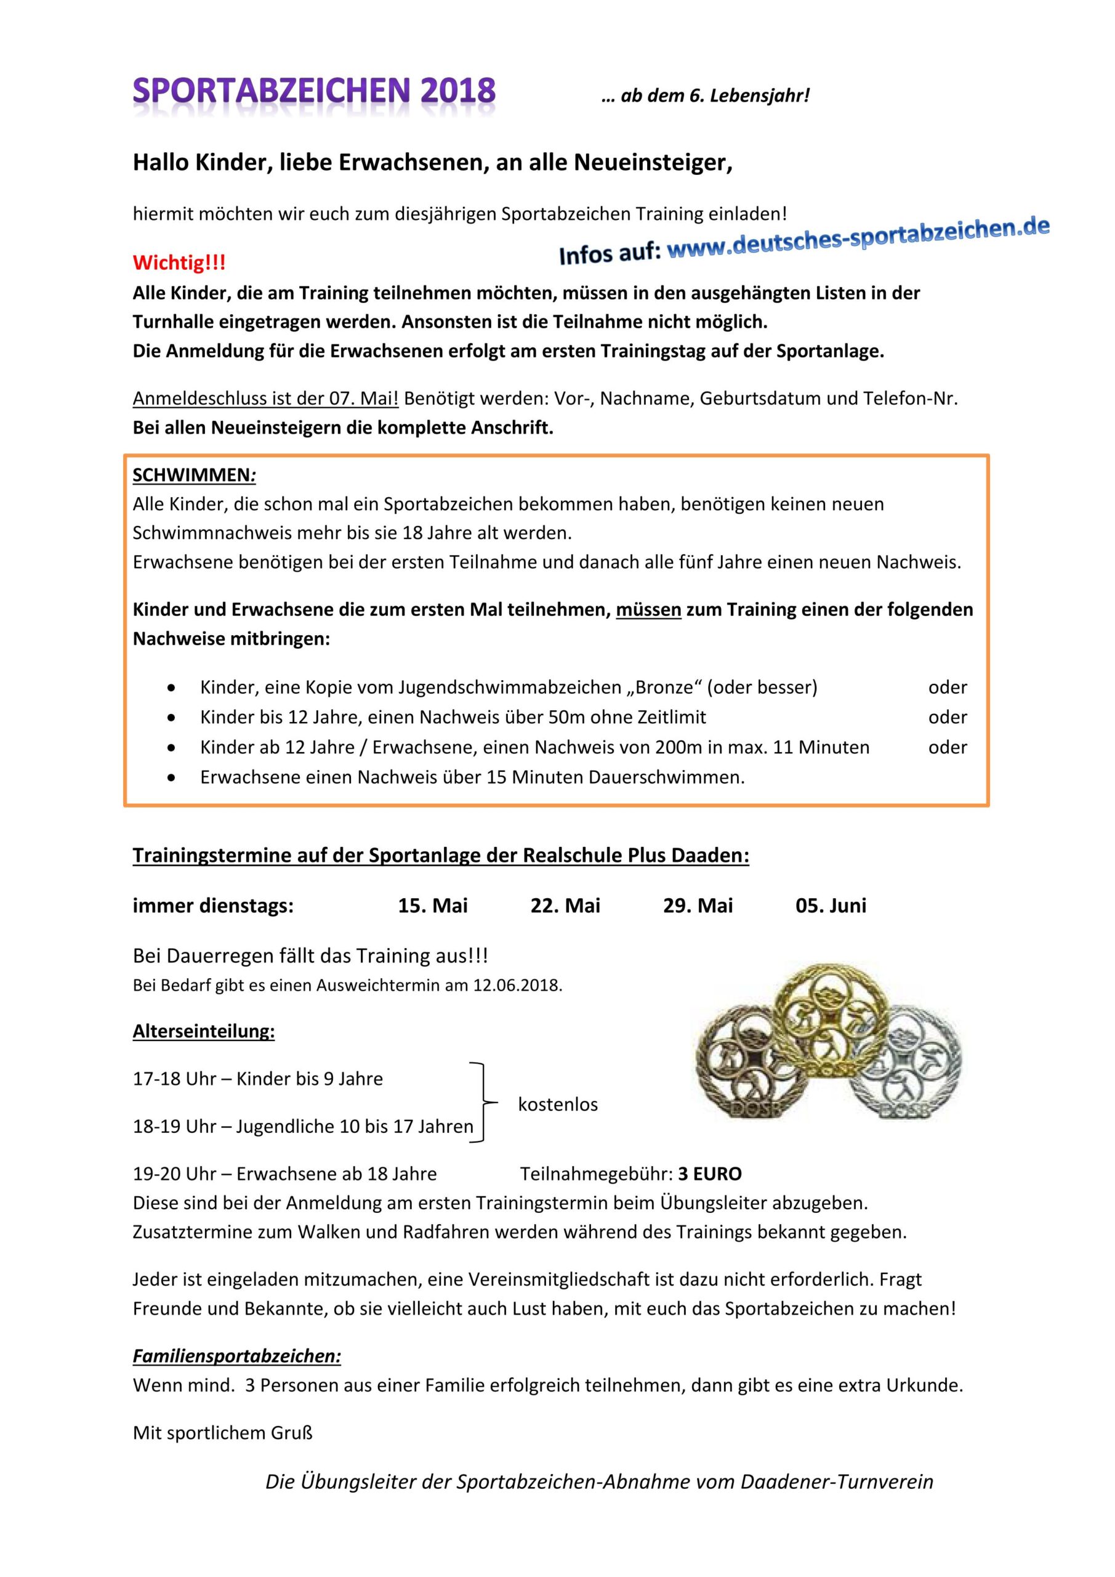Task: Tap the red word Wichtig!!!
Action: click(x=179, y=262)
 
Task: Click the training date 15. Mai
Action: click(x=433, y=906)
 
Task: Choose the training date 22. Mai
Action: click(x=565, y=906)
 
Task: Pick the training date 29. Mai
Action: click(x=698, y=906)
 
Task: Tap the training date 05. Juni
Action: click(x=831, y=906)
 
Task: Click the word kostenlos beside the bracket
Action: click(x=558, y=1105)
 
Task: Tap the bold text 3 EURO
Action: click(x=710, y=1174)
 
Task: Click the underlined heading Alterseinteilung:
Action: click(x=204, y=1032)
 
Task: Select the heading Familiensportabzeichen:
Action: click(x=237, y=1356)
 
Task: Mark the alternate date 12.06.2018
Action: click(x=517, y=986)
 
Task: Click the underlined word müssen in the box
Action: click(x=648, y=609)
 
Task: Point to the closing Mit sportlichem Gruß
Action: click(x=222, y=1433)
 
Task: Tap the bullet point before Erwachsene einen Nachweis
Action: click(x=171, y=777)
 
